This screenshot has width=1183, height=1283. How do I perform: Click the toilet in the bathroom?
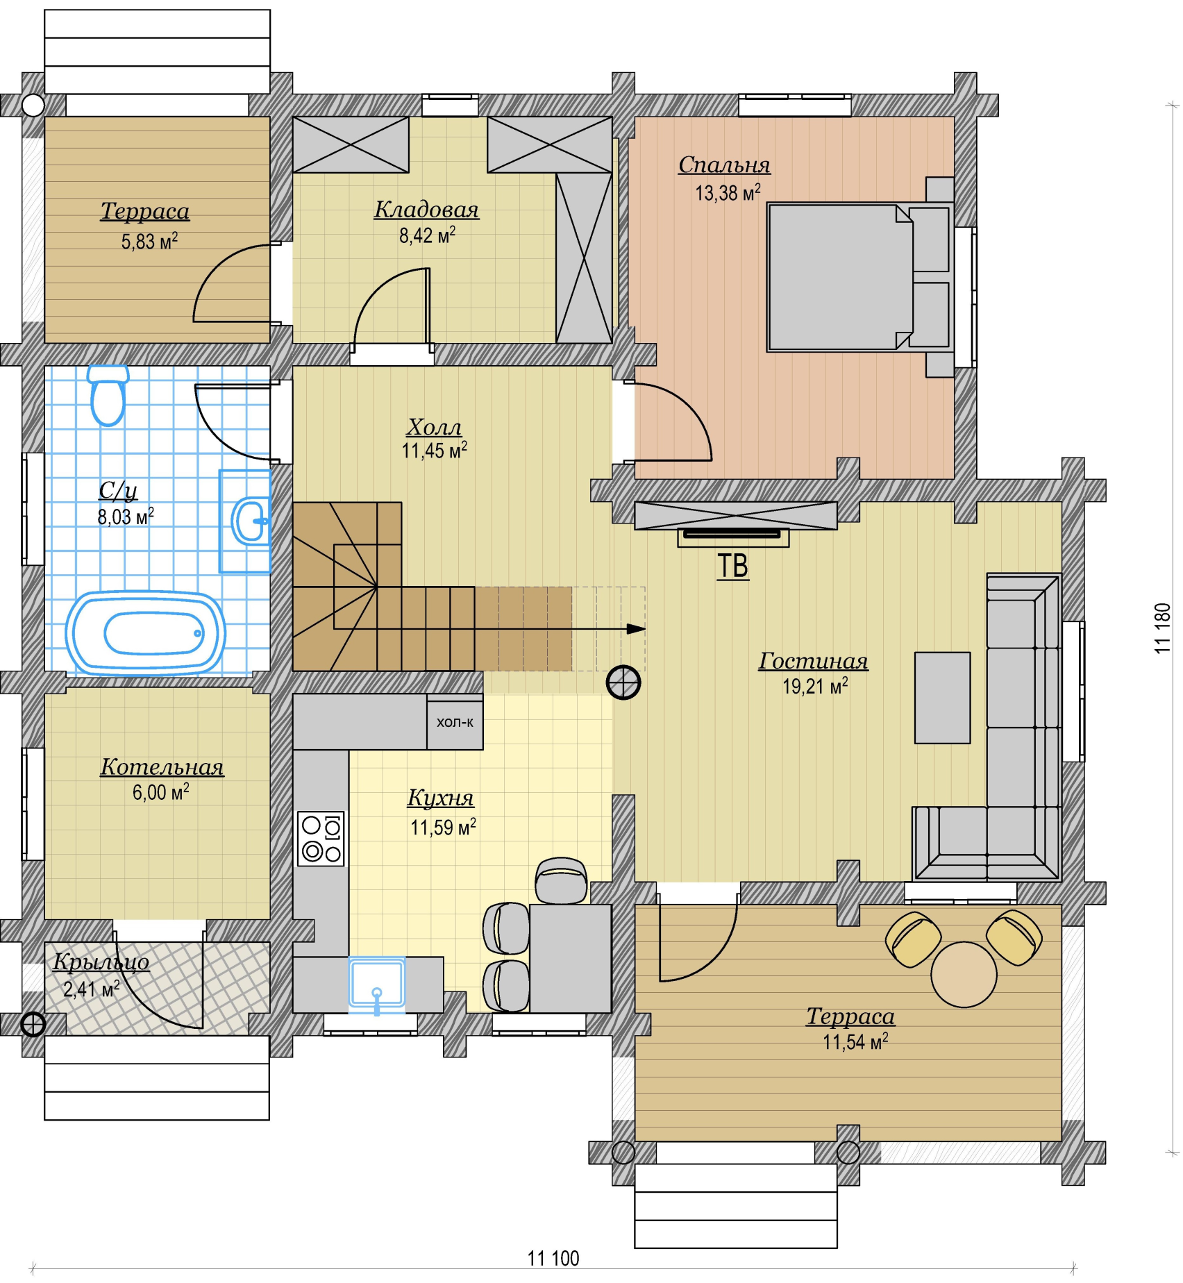pos(108,395)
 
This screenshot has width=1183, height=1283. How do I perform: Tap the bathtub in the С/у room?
pos(146,633)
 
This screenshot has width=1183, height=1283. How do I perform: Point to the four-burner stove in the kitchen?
pos(321,839)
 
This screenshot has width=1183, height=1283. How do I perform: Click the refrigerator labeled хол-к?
pos(455,722)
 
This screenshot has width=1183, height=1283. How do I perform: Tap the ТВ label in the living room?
pos(733,566)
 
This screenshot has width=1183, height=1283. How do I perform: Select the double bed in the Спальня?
pos(860,277)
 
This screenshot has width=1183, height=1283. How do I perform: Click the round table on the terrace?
pos(964,974)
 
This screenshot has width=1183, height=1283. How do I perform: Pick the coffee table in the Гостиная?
pos(942,698)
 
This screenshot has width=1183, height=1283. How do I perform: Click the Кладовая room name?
pos(426,210)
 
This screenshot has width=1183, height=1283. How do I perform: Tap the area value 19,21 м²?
pos(815,687)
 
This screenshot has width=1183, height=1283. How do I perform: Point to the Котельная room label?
pos(162,767)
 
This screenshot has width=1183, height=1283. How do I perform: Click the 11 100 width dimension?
pos(553,1258)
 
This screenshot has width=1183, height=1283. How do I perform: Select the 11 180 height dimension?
pos(1163,628)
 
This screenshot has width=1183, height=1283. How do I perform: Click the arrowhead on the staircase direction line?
pos(637,629)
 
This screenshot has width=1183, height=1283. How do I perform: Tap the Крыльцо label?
pos(101,962)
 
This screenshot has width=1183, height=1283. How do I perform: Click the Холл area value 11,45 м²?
pos(434,451)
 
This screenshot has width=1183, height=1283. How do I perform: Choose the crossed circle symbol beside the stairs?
pos(623,682)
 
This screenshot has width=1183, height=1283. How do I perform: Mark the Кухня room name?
pos(440,798)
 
